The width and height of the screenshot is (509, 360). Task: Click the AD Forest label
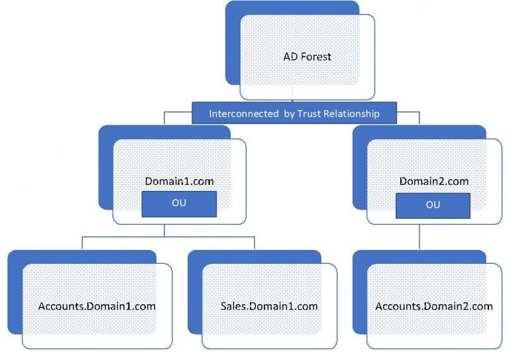[307, 56]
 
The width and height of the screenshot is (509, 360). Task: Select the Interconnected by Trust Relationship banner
[294, 113]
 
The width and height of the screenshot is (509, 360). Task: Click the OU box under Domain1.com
[178, 203]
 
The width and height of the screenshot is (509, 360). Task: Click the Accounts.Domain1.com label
[97, 306]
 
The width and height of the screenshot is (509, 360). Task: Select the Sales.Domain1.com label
[268, 306]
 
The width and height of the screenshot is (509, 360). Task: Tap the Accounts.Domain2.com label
[434, 306]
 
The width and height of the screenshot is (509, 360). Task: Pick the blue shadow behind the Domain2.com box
[359, 172]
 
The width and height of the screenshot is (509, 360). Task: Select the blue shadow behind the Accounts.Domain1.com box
[15, 292]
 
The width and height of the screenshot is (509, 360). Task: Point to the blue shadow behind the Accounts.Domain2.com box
[359, 292]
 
